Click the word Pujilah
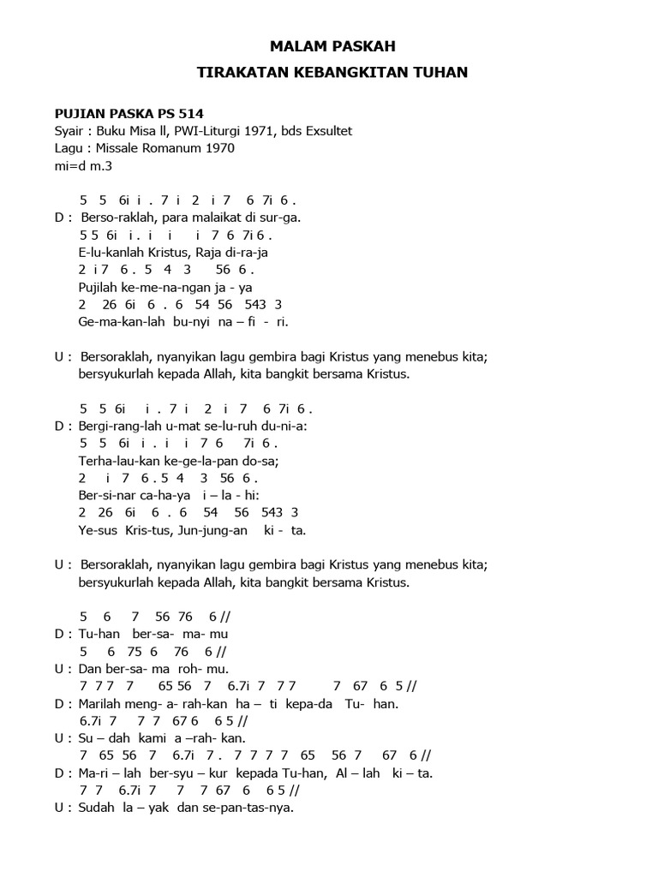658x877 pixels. (x=99, y=287)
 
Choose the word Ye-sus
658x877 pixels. (x=96, y=530)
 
